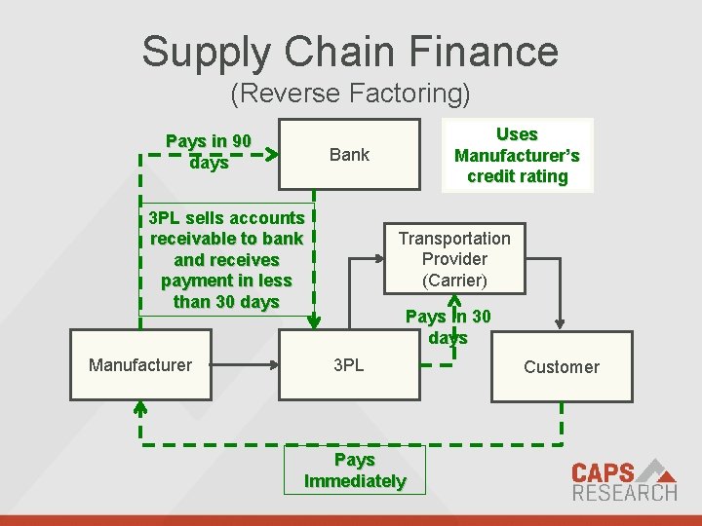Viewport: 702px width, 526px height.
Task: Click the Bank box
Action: [x=349, y=154]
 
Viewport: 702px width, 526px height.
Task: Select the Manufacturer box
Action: [x=140, y=365]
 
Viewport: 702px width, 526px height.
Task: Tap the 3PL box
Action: [x=349, y=365]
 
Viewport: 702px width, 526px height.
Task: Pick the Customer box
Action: [x=561, y=367]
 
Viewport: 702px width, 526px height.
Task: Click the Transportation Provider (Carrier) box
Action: [x=454, y=259]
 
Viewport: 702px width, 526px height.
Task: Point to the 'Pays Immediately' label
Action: [x=355, y=470]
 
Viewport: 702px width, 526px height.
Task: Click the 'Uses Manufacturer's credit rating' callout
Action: [x=517, y=155]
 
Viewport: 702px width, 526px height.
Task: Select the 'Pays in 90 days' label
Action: [x=209, y=152]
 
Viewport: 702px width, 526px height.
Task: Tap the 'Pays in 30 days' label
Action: [x=448, y=326]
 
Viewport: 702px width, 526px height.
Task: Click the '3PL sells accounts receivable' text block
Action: [x=227, y=259]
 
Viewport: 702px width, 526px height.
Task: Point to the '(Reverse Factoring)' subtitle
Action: [x=350, y=94]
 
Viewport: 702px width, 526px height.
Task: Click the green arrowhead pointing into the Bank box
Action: [x=272, y=153]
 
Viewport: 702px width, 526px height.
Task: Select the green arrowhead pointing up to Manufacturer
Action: [x=140, y=406]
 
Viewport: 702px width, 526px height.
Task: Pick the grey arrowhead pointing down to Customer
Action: [x=560, y=323]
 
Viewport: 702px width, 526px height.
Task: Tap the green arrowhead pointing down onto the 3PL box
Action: [x=313, y=323]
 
